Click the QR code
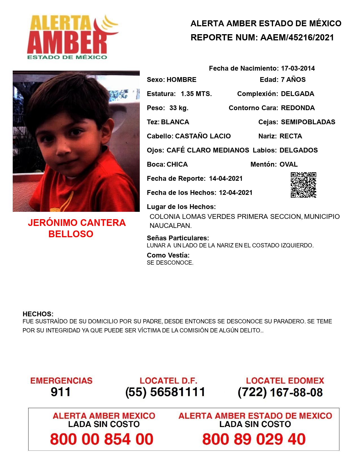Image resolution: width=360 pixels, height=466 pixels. pyautogui.click(x=304, y=185)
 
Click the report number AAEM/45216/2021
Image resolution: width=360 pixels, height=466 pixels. pyautogui.click(x=297, y=38)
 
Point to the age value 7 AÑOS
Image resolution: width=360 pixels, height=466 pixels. pyautogui.click(x=293, y=80)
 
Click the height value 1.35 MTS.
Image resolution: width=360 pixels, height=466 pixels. pyautogui.click(x=196, y=94)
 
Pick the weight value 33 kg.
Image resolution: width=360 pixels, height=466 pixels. pyautogui.click(x=179, y=108)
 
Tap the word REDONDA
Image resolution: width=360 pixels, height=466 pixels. pyautogui.click(x=298, y=108)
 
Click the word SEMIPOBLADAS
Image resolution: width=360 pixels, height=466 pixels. pyautogui.click(x=308, y=122)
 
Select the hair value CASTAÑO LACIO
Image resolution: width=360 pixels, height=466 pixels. pyautogui.click(x=203, y=136)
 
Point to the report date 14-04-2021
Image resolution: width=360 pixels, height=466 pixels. pyautogui.click(x=226, y=178)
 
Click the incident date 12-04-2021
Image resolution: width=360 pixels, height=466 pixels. pyautogui.click(x=235, y=193)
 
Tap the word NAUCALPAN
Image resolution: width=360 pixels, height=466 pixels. pyautogui.click(x=170, y=226)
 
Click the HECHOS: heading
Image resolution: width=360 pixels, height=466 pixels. pyautogui.click(x=38, y=314)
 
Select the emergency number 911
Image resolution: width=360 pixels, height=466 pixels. pyautogui.click(x=61, y=392)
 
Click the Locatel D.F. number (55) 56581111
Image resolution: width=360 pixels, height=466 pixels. pyautogui.click(x=165, y=392)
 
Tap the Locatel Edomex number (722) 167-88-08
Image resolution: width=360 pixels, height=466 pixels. pyautogui.click(x=280, y=392)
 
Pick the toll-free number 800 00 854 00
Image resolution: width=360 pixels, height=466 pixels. pyautogui.click(x=102, y=439)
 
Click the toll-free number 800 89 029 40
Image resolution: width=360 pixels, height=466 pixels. pyautogui.click(x=254, y=439)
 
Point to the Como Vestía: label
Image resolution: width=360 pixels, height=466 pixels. pyautogui.click(x=168, y=255)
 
